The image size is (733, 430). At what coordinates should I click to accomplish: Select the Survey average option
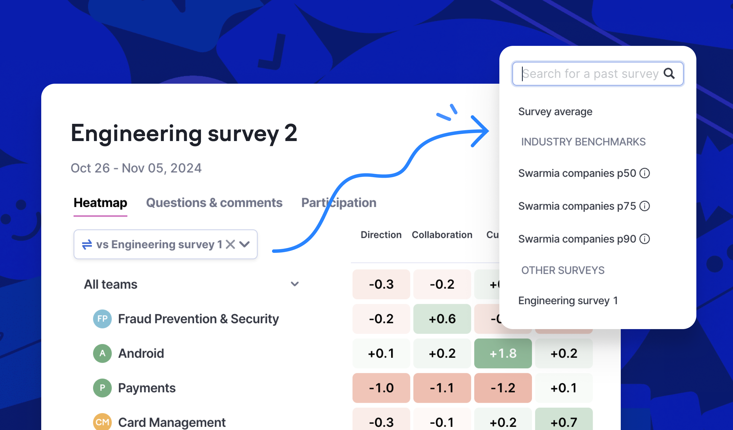coord(555,112)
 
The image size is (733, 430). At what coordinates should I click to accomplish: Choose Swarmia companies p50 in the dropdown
coord(577,173)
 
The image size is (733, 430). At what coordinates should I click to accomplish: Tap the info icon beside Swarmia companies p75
coord(645,206)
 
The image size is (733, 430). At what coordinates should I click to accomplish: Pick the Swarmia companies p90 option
coord(577,239)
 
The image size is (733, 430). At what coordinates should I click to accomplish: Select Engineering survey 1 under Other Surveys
coord(568,300)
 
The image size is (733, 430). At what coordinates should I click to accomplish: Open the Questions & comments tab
coord(214,203)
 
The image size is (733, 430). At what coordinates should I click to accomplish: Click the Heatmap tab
coord(100,203)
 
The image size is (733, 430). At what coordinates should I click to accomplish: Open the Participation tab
coord(338,203)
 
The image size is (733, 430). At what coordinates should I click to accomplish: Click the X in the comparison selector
coord(230,244)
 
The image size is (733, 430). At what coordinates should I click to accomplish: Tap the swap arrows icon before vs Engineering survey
coord(87,244)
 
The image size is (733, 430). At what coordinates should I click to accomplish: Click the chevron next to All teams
coord(295,284)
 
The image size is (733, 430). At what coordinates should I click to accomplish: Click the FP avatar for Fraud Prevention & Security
coord(102,319)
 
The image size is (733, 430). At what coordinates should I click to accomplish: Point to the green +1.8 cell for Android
coord(503,353)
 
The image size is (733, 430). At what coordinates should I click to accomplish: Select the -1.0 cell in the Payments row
coord(381,388)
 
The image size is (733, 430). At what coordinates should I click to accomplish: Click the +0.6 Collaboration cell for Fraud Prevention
coord(442,319)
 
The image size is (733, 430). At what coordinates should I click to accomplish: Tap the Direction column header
coord(381,235)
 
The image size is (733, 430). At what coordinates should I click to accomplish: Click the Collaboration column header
coord(442,235)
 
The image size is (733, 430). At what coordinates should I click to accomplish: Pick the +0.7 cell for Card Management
coord(564,422)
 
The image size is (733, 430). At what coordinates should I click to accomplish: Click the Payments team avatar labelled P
coord(102,388)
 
